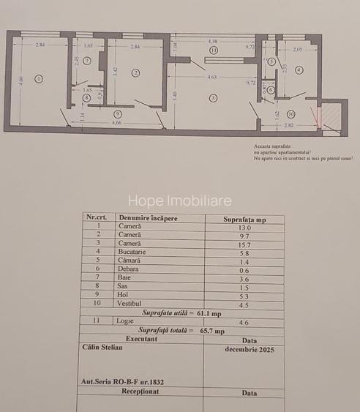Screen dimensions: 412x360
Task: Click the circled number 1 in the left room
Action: (40, 78)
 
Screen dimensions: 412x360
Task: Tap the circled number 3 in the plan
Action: (213, 97)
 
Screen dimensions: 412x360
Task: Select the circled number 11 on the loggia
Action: (213, 51)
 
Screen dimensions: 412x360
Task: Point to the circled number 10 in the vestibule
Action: (290, 114)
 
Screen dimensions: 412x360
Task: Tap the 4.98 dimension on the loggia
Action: (213, 42)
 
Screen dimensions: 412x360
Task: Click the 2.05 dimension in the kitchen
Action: (298, 49)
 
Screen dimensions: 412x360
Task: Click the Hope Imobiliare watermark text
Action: (179, 200)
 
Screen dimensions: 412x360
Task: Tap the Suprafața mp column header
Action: (244, 218)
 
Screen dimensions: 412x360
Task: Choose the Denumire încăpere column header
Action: (148, 218)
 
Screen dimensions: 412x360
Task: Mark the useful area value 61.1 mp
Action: (209, 312)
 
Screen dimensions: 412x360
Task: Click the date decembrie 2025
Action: (248, 349)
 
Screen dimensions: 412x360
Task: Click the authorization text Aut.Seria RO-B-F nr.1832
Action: (121, 381)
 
